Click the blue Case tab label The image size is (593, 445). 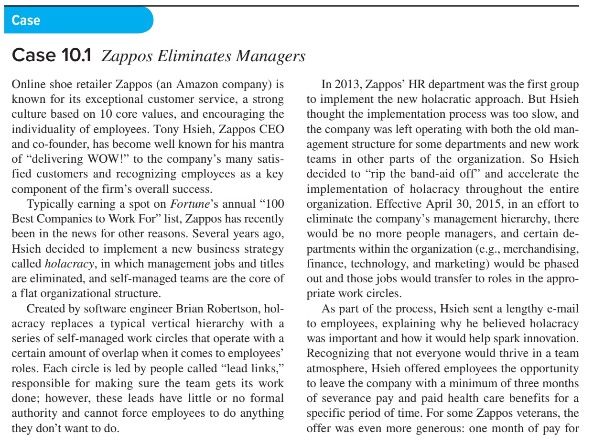(26, 20)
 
